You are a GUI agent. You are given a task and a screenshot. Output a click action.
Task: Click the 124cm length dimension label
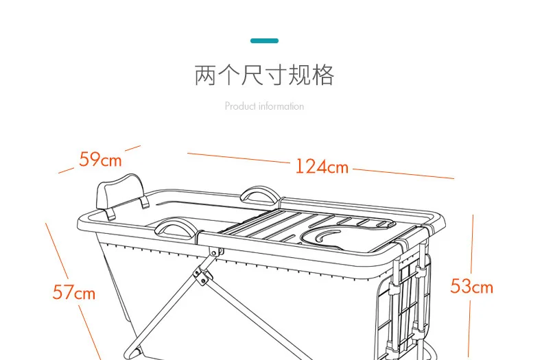[322, 167]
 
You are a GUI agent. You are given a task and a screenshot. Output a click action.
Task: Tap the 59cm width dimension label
[100, 160]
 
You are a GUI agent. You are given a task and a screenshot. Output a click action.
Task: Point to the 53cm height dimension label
[471, 286]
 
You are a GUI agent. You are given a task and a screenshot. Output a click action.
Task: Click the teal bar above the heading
[264, 41]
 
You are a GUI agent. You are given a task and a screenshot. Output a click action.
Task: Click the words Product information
[264, 106]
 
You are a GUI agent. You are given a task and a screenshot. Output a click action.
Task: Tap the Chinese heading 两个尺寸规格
[264, 75]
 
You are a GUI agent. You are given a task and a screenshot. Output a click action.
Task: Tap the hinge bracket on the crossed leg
[200, 276]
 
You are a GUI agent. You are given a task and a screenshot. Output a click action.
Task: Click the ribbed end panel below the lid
[411, 295]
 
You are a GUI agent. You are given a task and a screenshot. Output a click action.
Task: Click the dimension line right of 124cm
[403, 173]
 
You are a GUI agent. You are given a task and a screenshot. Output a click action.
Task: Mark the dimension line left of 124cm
[239, 158]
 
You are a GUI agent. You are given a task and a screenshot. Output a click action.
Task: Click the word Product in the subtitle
[239, 106]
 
